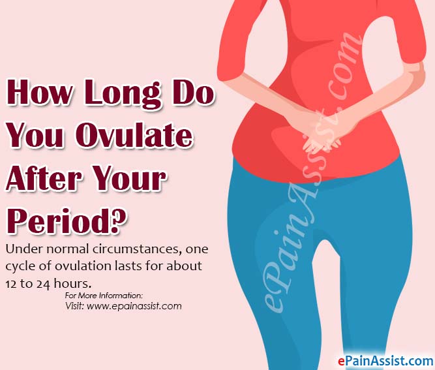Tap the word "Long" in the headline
[122, 95]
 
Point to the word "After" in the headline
[46, 177]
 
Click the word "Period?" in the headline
[67, 220]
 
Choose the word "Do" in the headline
[193, 92]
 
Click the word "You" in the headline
[35, 135]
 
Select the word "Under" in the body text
[24, 249]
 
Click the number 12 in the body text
[11, 285]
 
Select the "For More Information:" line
[104, 296]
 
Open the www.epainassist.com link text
[134, 307]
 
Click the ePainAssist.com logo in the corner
[385, 361]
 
